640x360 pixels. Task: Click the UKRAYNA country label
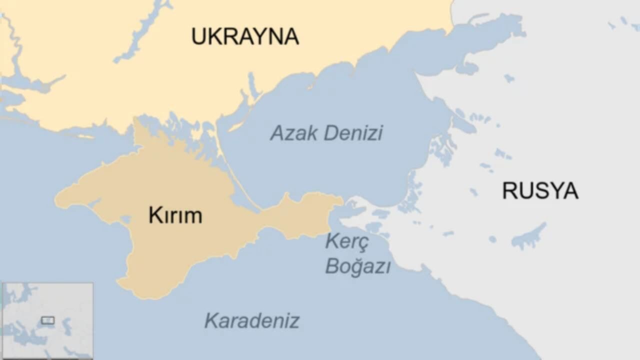tap(245, 36)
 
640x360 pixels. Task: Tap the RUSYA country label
tap(540, 190)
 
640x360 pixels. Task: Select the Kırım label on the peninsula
tap(175, 215)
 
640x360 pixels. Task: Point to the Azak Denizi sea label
tap(326, 133)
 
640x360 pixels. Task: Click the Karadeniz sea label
tap(252, 320)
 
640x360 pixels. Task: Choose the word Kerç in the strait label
tap(347, 242)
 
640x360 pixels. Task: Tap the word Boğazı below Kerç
tap(357, 266)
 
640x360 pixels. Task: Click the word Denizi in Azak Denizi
tap(353, 133)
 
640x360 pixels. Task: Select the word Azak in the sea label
tap(294, 133)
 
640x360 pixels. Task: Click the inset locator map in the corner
tap(47, 320)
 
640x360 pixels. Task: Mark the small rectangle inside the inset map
tap(47, 320)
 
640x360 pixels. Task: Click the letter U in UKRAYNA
tap(199, 36)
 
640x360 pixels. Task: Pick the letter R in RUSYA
tap(509, 190)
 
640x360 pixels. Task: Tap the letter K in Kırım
tap(153, 215)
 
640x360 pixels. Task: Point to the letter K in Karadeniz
tap(211, 320)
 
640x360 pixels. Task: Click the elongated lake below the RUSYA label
tap(529, 236)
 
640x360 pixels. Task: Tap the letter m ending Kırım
tap(194, 216)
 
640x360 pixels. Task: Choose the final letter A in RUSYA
tap(571, 190)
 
